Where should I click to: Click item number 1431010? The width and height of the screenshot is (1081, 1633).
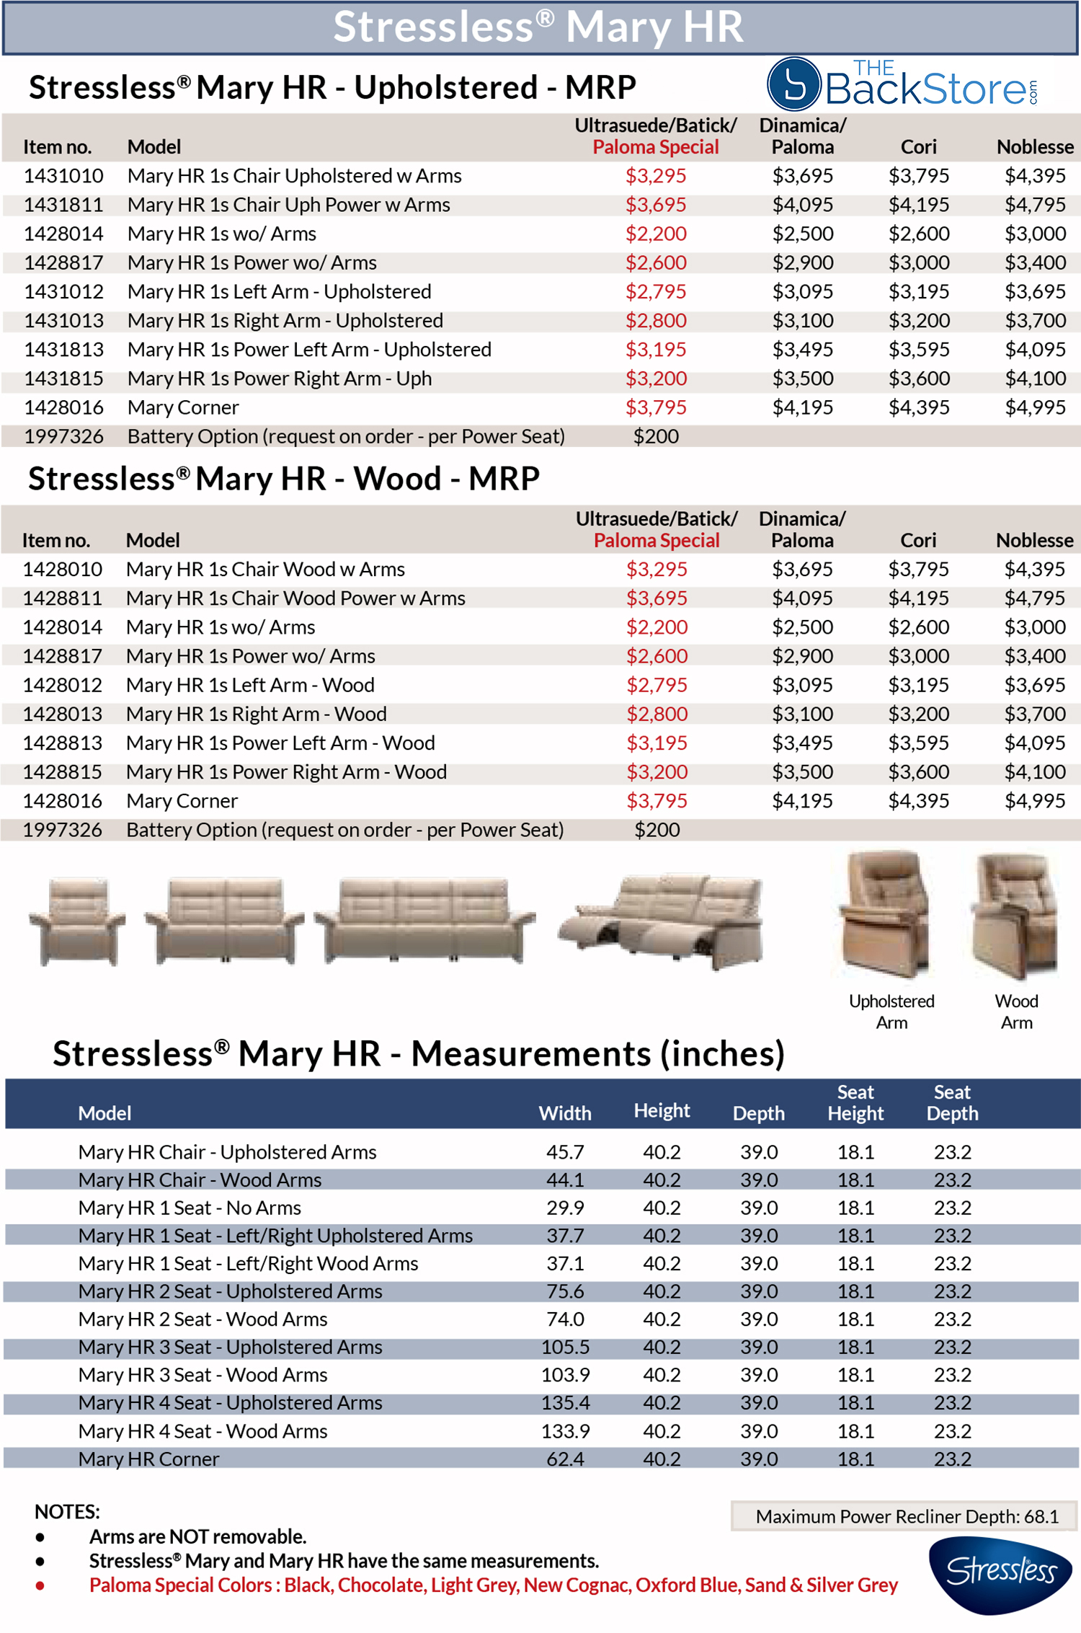pyautogui.click(x=63, y=176)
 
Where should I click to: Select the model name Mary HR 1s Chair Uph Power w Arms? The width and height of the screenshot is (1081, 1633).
pyautogui.click(x=288, y=205)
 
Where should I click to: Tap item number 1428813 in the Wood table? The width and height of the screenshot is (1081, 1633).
pyautogui.click(x=63, y=743)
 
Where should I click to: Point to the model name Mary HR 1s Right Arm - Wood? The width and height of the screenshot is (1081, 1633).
pyautogui.click(x=256, y=714)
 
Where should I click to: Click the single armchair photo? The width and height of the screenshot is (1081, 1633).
pyautogui.click(x=77, y=921)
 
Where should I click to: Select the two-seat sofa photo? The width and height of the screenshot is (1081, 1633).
pyautogui.click(x=224, y=921)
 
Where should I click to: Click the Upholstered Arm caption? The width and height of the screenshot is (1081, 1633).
pyautogui.click(x=891, y=1012)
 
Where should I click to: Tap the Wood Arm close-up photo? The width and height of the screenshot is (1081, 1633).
pyautogui.click(x=1015, y=916)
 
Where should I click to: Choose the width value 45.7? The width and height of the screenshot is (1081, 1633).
pyautogui.click(x=565, y=1152)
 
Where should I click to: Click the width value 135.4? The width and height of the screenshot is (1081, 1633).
pyautogui.click(x=565, y=1402)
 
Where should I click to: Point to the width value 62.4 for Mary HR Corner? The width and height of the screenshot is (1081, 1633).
pyautogui.click(x=565, y=1459)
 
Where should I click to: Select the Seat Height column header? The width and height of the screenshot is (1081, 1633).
pyautogui.click(x=855, y=1103)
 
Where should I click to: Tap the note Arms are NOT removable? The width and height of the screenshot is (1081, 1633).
pyautogui.click(x=197, y=1536)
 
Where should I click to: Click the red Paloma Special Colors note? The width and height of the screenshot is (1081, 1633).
pyautogui.click(x=493, y=1585)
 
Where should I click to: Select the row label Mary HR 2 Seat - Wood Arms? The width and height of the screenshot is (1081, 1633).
pyautogui.click(x=203, y=1319)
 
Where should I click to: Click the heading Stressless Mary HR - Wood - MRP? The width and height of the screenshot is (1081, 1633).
pyautogui.click(x=284, y=479)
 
